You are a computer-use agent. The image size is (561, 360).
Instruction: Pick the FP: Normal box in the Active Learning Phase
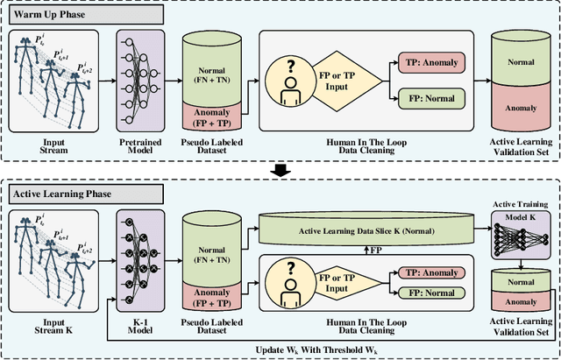[x=435, y=292]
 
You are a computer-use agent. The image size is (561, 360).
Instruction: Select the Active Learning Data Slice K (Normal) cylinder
[x=368, y=229]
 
